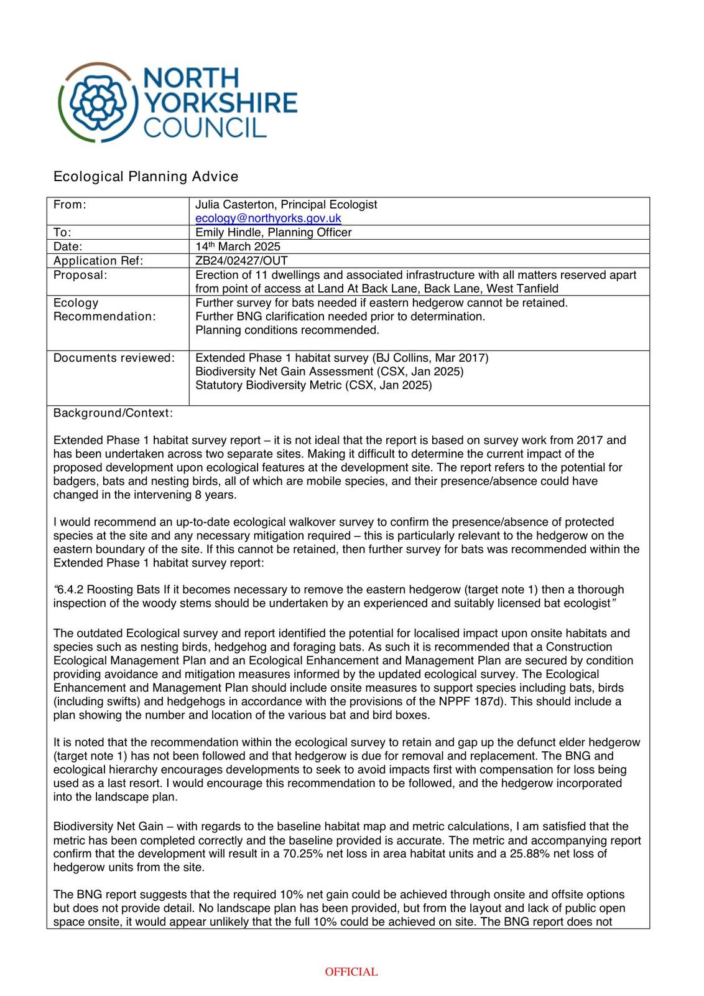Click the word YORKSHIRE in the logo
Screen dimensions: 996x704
[221, 102]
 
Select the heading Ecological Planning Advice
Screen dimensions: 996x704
[146, 176]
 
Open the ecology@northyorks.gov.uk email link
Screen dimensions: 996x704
[268, 218]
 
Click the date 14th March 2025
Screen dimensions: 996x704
[238, 247]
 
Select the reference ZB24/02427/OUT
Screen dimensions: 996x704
[241, 260]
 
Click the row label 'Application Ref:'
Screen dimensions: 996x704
[98, 261]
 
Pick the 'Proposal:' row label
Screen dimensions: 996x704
[80, 275]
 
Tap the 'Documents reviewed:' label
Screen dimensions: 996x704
[114, 358]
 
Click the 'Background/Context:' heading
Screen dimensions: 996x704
[113, 413]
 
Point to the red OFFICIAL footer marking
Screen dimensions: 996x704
[351, 972]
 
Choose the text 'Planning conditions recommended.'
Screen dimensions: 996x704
[287, 330]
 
